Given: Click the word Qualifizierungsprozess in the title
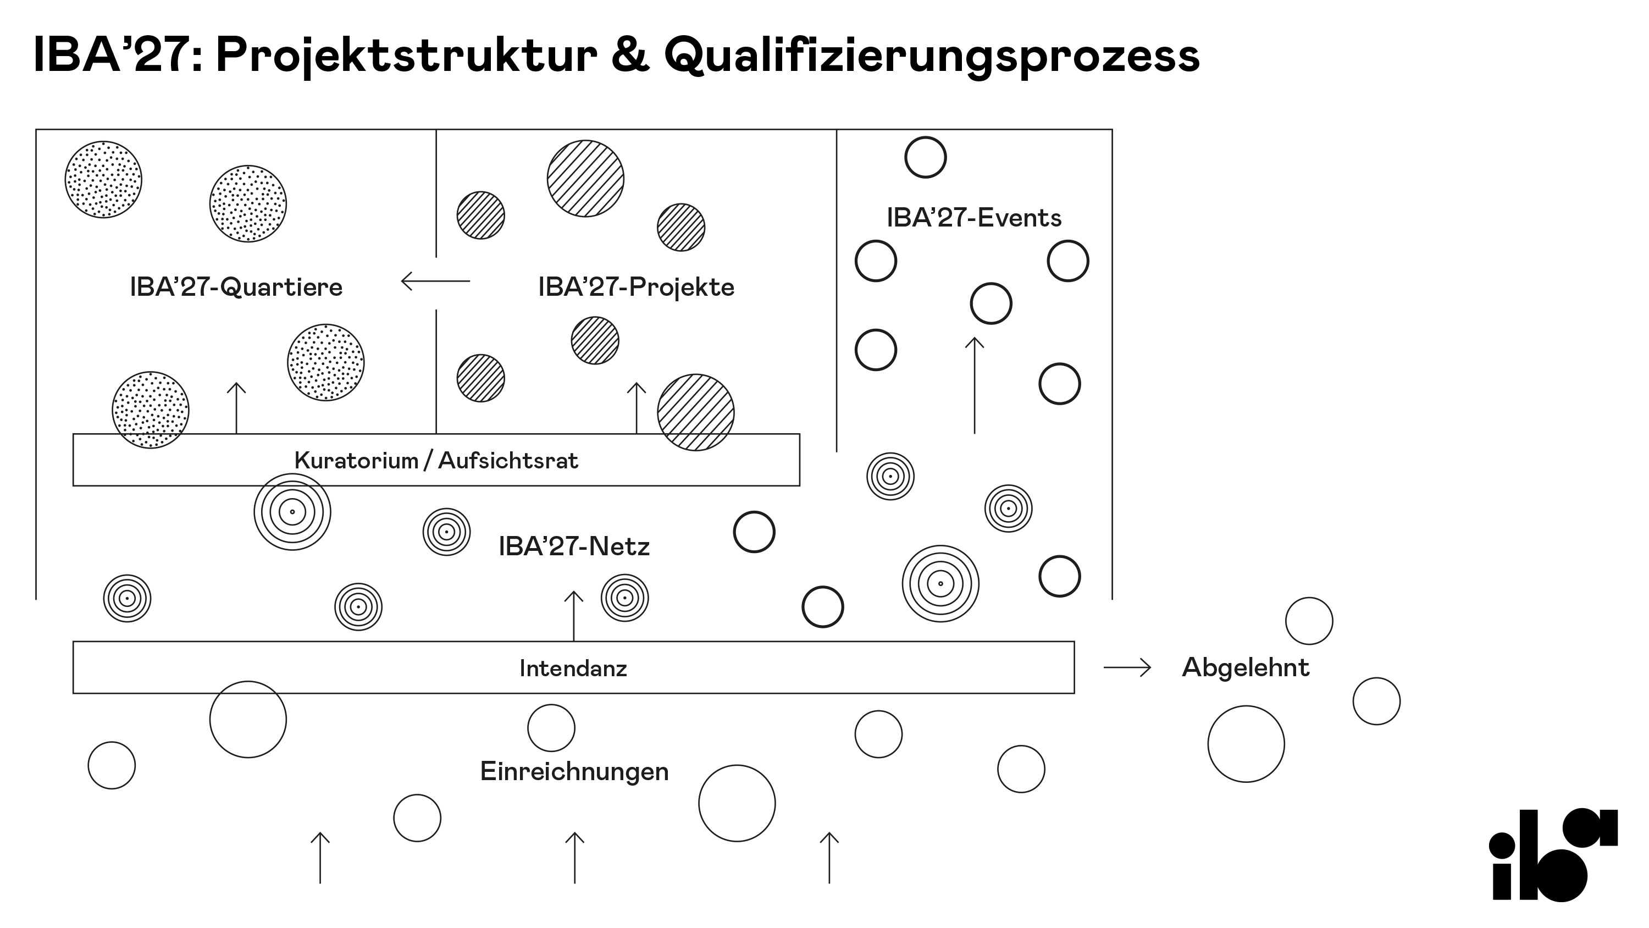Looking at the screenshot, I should (931, 55).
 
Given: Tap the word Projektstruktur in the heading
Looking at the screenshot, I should (407, 55).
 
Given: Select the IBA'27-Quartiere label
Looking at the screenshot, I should (236, 287).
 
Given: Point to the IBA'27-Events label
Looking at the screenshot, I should (973, 218).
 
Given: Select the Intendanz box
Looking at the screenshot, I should (573, 668).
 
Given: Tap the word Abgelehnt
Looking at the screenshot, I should (1245, 667).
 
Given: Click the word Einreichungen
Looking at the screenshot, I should (574, 771).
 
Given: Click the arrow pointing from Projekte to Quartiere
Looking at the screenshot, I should (435, 280).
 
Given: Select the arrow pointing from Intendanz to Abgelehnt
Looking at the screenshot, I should (1127, 668).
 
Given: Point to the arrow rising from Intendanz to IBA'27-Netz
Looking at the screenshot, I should (573, 615).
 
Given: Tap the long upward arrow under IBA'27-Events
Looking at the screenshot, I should (975, 385).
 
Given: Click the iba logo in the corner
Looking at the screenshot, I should (1553, 854).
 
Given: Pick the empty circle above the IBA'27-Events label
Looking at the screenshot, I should (926, 157).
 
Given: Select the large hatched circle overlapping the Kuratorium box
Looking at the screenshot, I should (696, 412).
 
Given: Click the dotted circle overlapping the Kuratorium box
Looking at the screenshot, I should (151, 410).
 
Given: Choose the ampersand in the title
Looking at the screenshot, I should (630, 55).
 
